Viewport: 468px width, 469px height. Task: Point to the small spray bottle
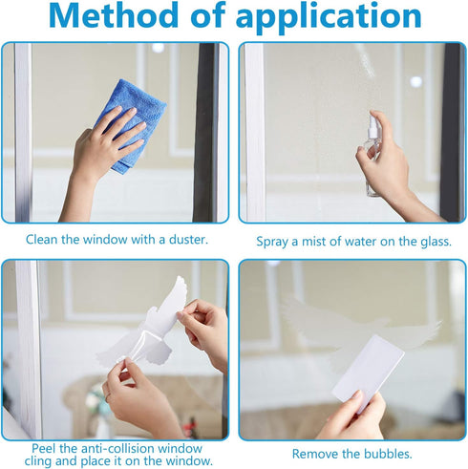pos(371,153)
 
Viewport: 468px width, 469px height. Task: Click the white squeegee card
pos(368,369)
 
